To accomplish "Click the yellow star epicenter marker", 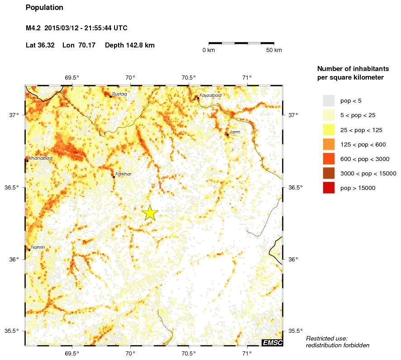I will pyautogui.click(x=150, y=213).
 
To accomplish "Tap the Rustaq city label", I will pyautogui.click(x=119, y=94).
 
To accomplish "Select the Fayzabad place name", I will pyautogui.click(x=210, y=95).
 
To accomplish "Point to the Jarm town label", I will pyautogui.click(x=235, y=132).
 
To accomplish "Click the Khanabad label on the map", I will pyautogui.click(x=40, y=158).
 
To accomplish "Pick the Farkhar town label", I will pyautogui.click(x=124, y=174).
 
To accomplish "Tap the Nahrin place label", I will pyautogui.click(x=38, y=247).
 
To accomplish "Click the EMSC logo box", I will pyautogui.click(x=272, y=343).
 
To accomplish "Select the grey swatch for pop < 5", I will pyautogui.click(x=329, y=101).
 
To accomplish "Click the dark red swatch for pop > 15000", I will pyautogui.click(x=329, y=188).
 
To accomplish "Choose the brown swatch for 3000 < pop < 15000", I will pyautogui.click(x=329, y=173).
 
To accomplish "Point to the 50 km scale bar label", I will pyautogui.click(x=274, y=50).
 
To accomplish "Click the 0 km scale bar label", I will pyautogui.click(x=209, y=50).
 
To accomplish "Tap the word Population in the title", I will pyautogui.click(x=44, y=8).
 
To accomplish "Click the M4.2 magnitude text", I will pyautogui.click(x=33, y=28).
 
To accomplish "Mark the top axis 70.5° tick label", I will pyautogui.click(x=189, y=77).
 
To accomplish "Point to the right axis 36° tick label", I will pyautogui.click(x=293, y=259).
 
